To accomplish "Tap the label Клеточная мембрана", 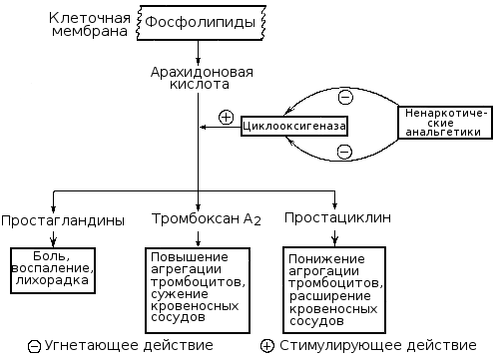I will coord(88,23).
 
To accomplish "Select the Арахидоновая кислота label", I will coord(200,79).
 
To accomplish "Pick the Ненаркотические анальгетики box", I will coord(446,125).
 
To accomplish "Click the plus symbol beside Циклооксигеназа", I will coord(226,117).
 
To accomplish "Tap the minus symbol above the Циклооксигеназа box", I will coord(344,98).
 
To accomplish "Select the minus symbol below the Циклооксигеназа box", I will coord(344,151).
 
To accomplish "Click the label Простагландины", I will coord(62,218).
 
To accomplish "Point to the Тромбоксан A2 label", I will coord(206,218).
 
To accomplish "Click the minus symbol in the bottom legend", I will coord(35,347).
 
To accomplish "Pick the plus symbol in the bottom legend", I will coord(267,346).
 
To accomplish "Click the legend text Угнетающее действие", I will coord(127,345).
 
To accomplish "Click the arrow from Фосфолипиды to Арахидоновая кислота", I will coord(199,51).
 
